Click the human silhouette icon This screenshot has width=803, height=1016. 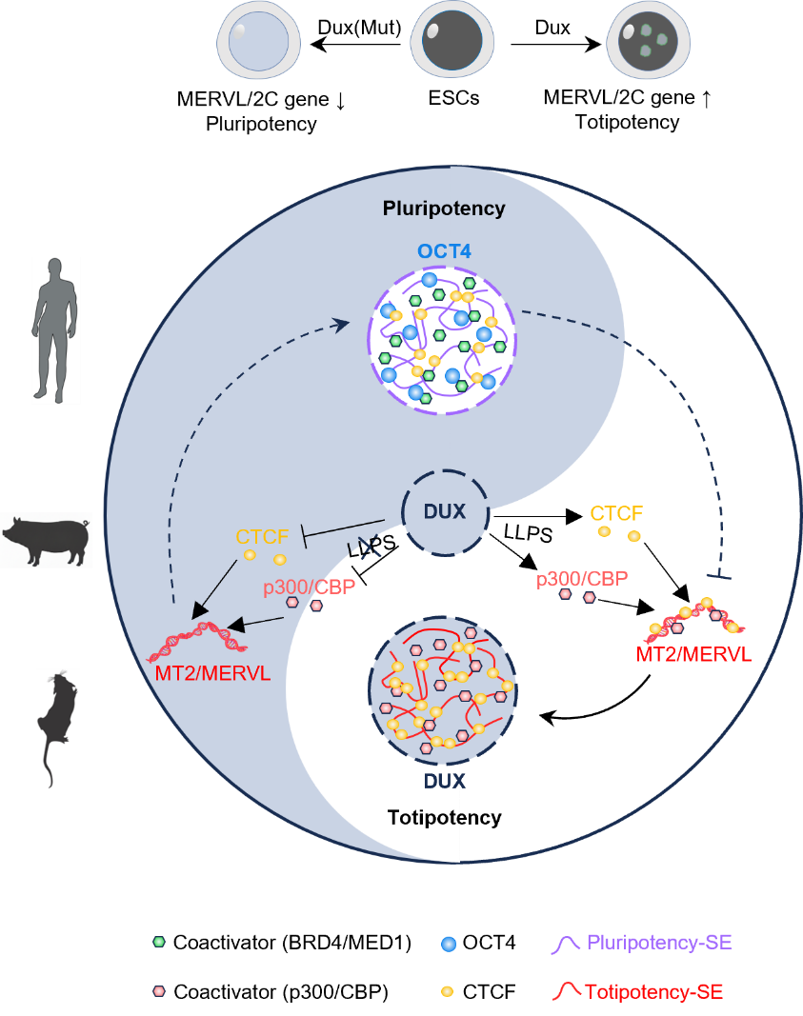(56, 329)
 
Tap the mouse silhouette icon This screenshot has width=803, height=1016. (57, 727)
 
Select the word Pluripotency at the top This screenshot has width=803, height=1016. (443, 209)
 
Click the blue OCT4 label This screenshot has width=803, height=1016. (444, 252)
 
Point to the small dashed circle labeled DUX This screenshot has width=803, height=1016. (444, 511)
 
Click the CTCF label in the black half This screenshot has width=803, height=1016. (616, 514)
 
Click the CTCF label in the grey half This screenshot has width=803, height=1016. (262, 537)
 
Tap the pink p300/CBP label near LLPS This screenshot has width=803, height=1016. (309, 588)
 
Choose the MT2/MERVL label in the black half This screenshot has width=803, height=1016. (692, 654)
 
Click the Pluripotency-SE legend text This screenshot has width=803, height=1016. (659, 943)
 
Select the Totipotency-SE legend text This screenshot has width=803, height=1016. (653, 991)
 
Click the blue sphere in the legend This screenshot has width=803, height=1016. (449, 944)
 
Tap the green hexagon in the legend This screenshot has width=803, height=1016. (159, 942)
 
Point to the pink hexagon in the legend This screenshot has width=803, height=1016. (159, 990)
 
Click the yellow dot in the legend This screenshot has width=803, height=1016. (447, 991)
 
